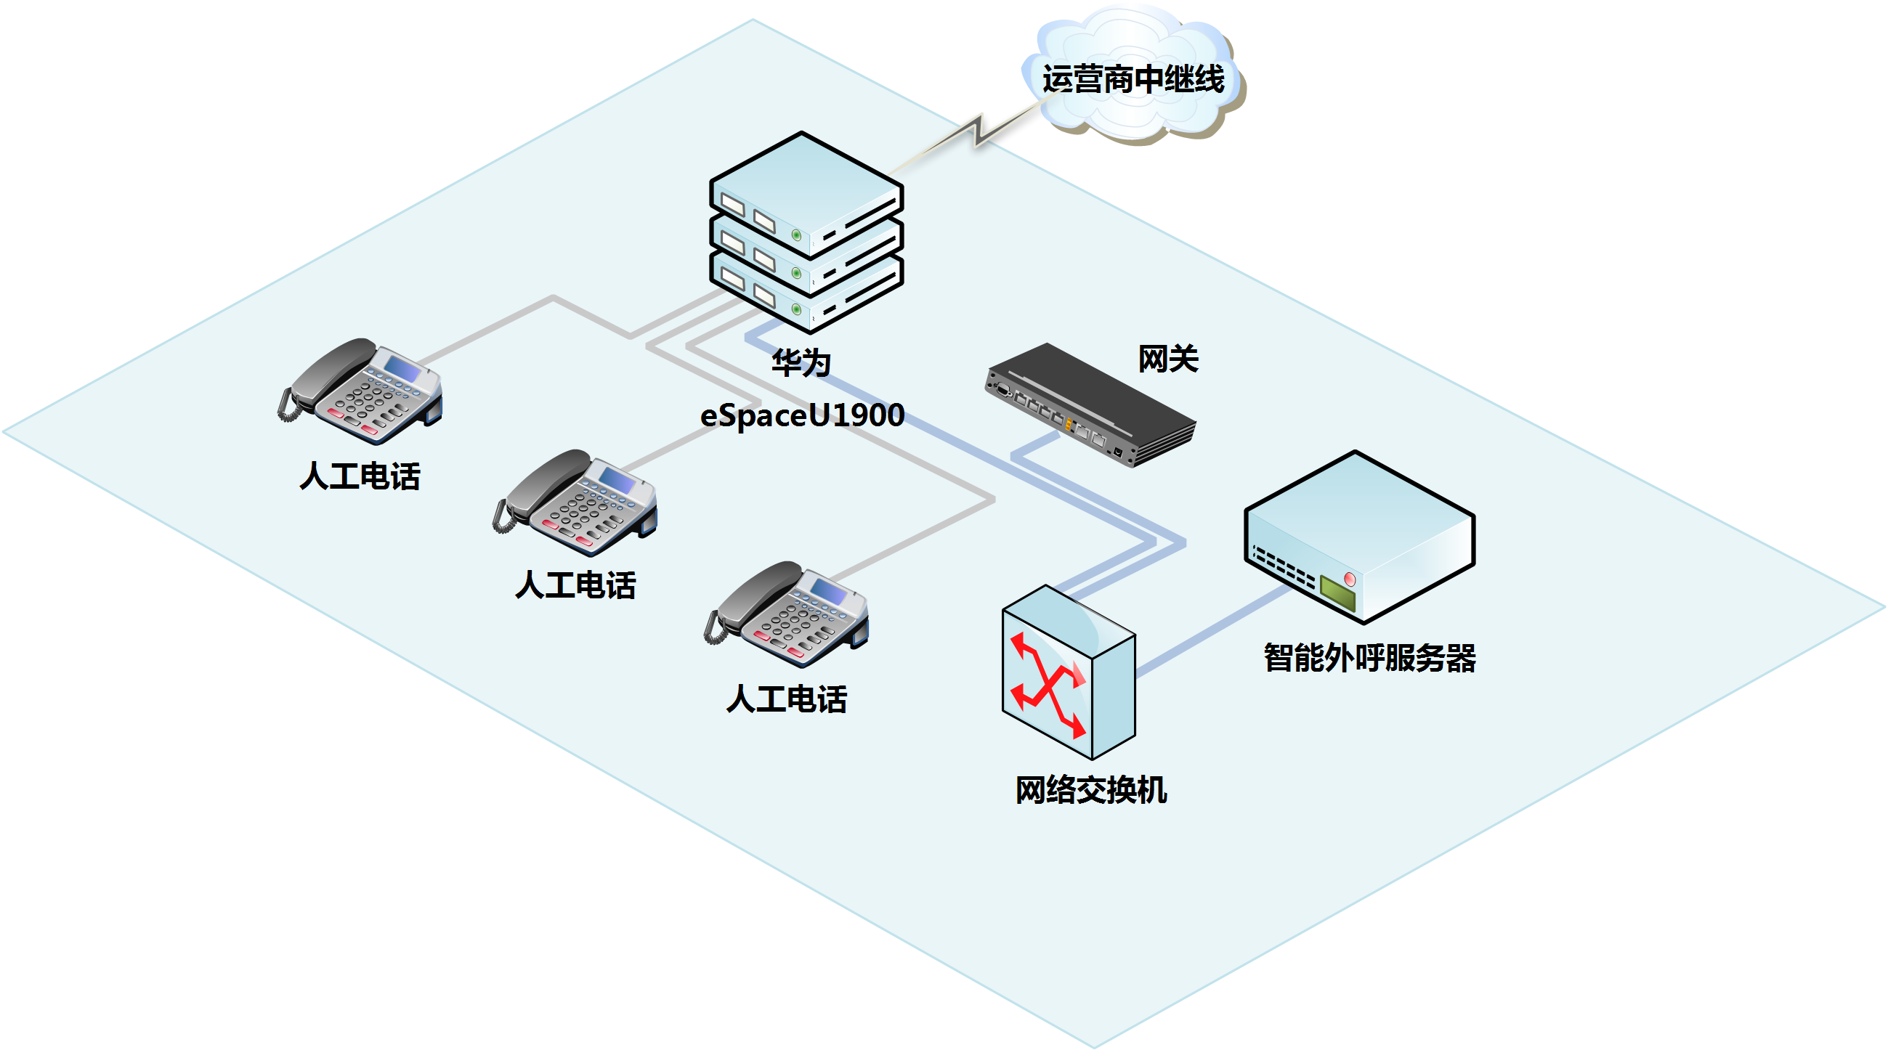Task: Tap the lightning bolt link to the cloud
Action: pyautogui.click(x=979, y=133)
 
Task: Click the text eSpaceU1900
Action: pyautogui.click(x=802, y=415)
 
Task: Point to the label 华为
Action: pyautogui.click(x=801, y=362)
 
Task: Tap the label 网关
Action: pyautogui.click(x=1167, y=359)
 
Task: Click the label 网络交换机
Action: pyautogui.click(x=1090, y=790)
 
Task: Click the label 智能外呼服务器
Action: pyautogui.click(x=1369, y=658)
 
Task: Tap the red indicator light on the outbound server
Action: pyautogui.click(x=1350, y=579)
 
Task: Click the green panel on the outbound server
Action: pyautogui.click(x=1337, y=593)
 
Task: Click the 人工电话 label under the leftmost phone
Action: pyautogui.click(x=360, y=476)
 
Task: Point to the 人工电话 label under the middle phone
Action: pyautogui.click(x=575, y=585)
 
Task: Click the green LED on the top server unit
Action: pyautogui.click(x=796, y=235)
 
